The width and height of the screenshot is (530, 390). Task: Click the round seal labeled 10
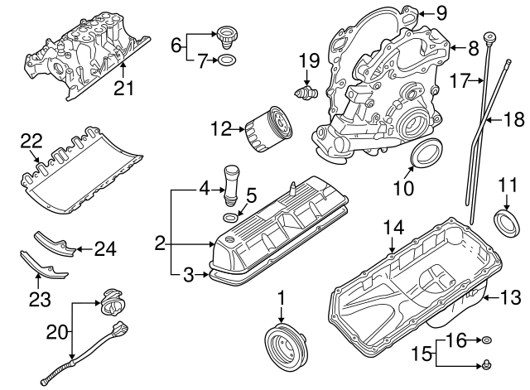[x=426, y=155]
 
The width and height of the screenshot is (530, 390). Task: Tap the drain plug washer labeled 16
[x=488, y=340]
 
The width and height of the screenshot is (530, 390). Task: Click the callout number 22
[x=31, y=142]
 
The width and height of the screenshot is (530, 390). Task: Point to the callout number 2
[x=161, y=243]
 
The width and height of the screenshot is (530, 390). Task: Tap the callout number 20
[x=56, y=331]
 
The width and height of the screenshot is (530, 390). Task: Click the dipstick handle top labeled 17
[x=491, y=37]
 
